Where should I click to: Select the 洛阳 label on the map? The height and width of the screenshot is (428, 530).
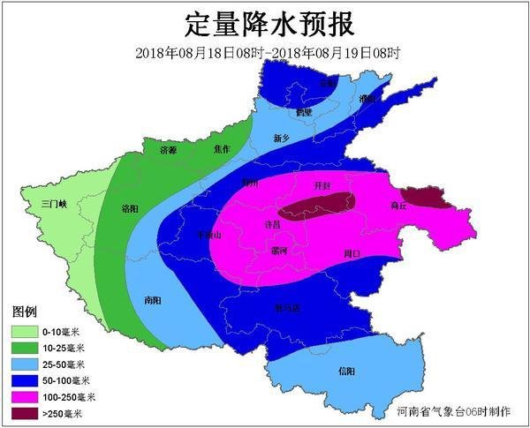(x=130, y=209)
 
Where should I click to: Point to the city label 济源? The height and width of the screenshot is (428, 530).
(x=168, y=151)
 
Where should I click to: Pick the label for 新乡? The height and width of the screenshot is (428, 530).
(x=282, y=139)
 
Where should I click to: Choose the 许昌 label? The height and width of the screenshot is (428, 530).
(x=273, y=225)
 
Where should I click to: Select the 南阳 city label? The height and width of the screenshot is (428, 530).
(x=152, y=300)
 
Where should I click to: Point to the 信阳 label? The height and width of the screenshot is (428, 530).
(x=346, y=371)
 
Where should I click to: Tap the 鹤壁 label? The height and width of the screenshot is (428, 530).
(x=305, y=113)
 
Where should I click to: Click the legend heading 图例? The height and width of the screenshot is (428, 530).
(x=24, y=313)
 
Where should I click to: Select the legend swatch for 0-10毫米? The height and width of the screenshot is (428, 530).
(x=24, y=332)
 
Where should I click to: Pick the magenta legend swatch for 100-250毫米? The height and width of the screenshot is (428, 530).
(x=24, y=396)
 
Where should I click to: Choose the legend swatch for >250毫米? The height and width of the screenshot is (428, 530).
(x=24, y=412)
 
